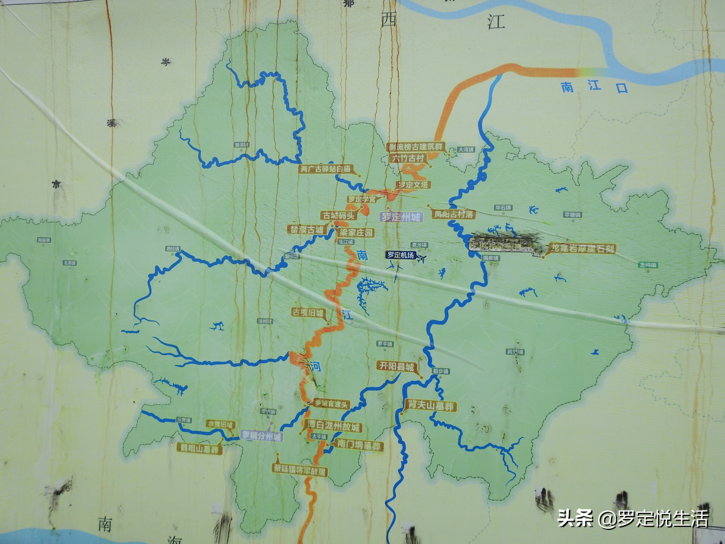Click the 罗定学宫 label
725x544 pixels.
click(362, 199)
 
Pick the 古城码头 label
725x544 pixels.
click(339, 215)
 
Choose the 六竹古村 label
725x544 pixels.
click(408, 158)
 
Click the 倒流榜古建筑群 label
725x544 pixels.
click(416, 147)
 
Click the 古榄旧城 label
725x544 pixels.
click(308, 312)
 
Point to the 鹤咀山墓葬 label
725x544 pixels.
click(199, 448)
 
